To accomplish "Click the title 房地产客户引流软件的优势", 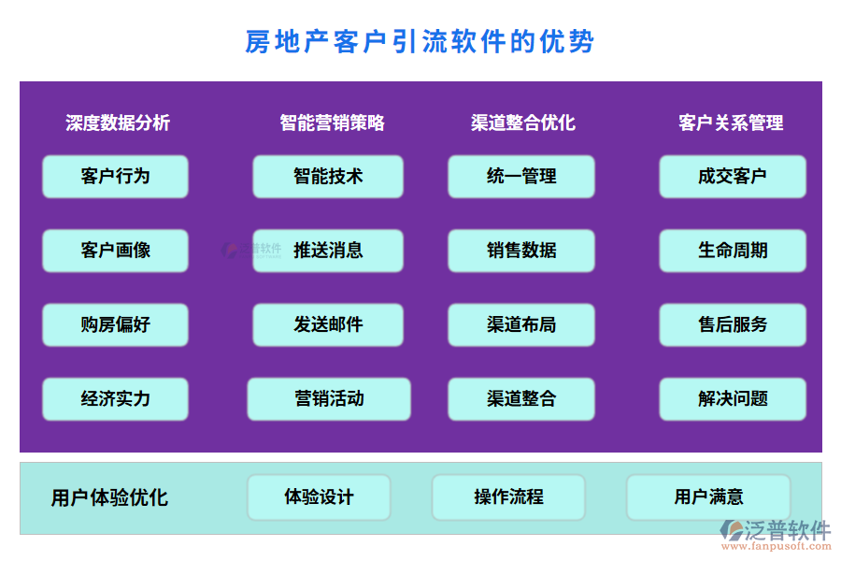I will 420,42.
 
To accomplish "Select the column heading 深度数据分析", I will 118,122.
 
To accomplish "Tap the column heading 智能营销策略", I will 332,122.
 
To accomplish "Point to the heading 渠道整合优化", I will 523,122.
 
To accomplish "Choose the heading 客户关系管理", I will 731,122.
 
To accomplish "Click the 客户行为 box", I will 115,176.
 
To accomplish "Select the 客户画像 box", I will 115,251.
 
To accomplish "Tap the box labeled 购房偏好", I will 115,324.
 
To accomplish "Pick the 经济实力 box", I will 115,398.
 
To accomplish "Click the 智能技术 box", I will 328,176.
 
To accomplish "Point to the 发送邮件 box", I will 328,324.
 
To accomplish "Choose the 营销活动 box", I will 328,398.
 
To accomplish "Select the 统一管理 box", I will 521,176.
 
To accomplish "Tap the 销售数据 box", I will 521,251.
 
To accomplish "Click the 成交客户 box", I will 733,176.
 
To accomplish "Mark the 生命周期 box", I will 733,251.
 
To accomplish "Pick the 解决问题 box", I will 733,398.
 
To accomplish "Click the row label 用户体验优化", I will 109,497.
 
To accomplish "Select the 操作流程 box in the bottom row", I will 508,497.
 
